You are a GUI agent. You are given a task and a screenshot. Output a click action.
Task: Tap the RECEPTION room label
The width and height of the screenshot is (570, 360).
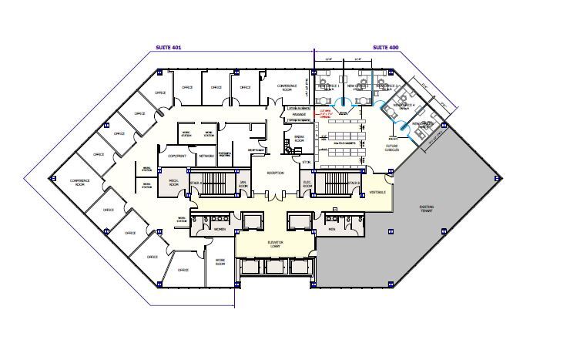(275, 173)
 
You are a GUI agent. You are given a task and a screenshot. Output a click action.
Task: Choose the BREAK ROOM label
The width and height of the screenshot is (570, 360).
(300, 140)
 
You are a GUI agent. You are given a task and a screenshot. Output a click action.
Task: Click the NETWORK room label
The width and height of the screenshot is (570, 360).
(206, 156)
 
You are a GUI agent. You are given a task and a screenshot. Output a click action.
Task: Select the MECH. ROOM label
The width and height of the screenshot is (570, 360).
(173, 183)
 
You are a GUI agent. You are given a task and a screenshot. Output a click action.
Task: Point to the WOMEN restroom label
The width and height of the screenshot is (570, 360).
(219, 229)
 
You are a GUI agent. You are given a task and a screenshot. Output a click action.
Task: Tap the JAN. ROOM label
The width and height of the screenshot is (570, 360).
(243, 183)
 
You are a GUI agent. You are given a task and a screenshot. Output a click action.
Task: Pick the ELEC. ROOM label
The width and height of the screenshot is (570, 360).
(307, 183)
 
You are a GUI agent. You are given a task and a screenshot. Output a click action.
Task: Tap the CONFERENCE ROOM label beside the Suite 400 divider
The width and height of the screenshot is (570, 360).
(287, 87)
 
